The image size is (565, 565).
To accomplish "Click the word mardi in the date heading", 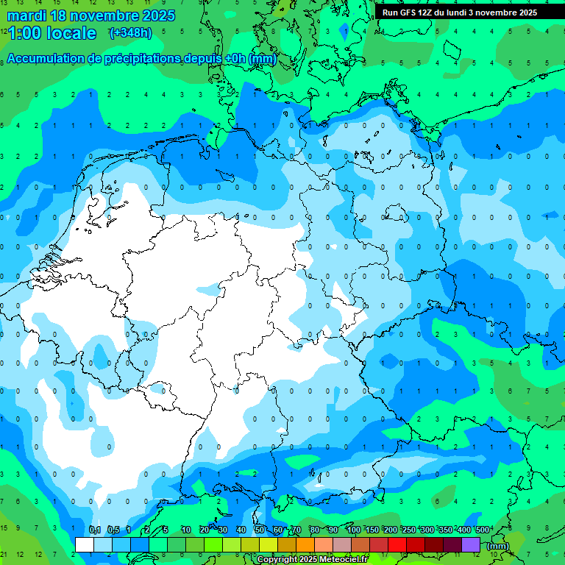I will pyautogui.click(x=26, y=15).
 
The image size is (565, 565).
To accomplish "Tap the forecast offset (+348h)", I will pyautogui.click(x=130, y=33).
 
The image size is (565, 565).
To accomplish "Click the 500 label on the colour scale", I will pyautogui.click(x=483, y=530).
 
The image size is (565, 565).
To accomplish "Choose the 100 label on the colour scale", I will pyautogui.click(x=354, y=530).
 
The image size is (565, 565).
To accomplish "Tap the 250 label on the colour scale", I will pyautogui.click(x=409, y=530).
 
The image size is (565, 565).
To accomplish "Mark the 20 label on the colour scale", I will pyautogui.click(x=205, y=530).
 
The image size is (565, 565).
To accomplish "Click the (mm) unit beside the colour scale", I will pyautogui.click(x=498, y=546).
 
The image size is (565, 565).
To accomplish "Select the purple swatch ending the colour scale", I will pyautogui.click(x=471, y=544).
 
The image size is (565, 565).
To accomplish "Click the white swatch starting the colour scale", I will pyautogui.click(x=85, y=544).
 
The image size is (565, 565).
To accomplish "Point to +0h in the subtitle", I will pyautogui.click(x=235, y=59).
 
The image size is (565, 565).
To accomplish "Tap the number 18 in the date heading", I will pyautogui.click(x=61, y=15).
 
